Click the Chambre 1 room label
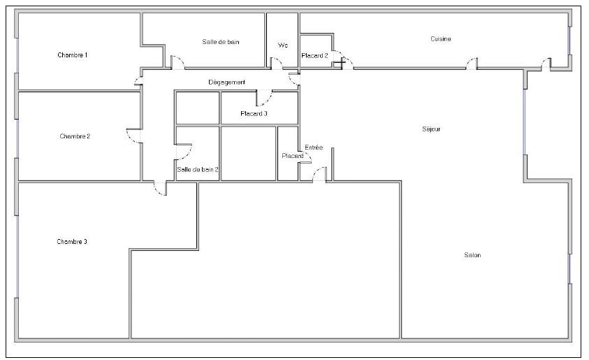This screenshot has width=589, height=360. click(73, 55)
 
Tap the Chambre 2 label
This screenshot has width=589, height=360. click(75, 136)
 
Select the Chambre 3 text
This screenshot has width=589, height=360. click(72, 242)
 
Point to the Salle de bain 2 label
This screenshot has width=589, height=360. click(198, 169)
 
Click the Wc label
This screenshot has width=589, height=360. click(283, 45)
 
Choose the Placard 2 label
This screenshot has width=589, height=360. click(315, 56)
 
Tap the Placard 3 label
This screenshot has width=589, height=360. click(254, 113)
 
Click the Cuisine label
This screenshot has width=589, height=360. click(441, 38)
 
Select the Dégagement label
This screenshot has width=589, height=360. click(227, 82)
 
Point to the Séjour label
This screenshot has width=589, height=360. click(431, 129)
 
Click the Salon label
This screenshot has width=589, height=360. click(472, 255)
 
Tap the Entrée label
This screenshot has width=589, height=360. click(314, 147)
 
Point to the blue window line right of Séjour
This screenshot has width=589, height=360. click(525, 122)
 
